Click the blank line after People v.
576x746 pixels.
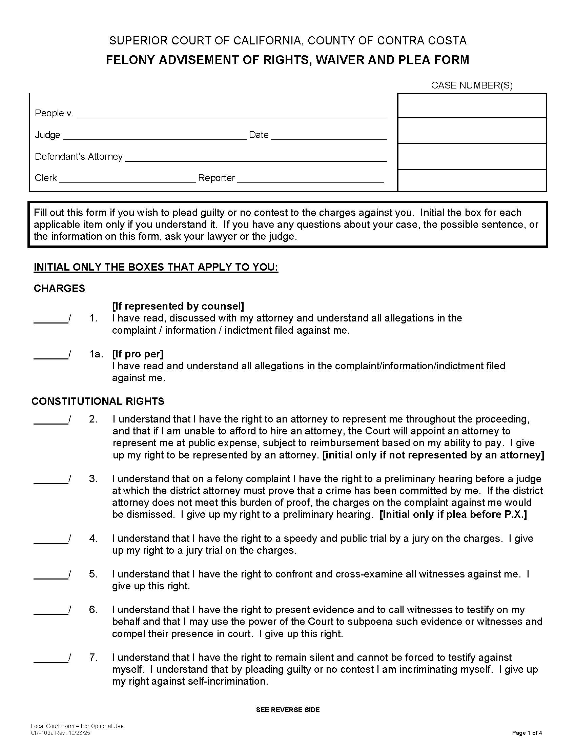tap(231, 114)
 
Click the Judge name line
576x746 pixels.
tap(155, 136)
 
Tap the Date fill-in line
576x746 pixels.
tap(329, 136)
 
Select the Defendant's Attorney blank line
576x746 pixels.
tap(256, 157)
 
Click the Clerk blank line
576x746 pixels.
tap(127, 179)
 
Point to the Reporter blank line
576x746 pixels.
tap(310, 179)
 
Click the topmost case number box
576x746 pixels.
tap(472, 106)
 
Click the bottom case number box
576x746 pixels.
tap(472, 180)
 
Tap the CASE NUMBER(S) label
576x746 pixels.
tap(472, 85)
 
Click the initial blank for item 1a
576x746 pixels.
tap(50, 355)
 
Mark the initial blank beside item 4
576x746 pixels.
tap(50, 539)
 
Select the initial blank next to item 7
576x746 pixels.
tap(50, 658)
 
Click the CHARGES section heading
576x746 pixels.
tap(59, 288)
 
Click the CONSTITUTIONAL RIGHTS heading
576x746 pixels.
tap(98, 401)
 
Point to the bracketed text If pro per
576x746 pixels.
tap(138, 354)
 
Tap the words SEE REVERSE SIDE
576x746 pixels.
tap(288, 710)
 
